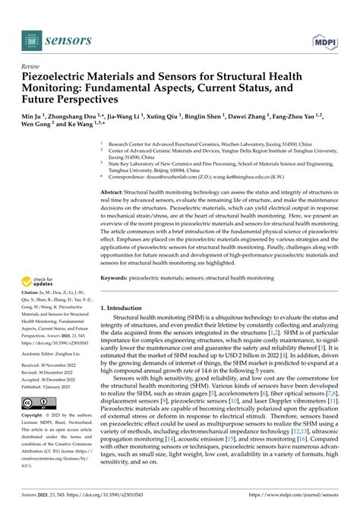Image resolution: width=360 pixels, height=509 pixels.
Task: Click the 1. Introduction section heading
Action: pyautogui.click(x=125, y=287)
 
